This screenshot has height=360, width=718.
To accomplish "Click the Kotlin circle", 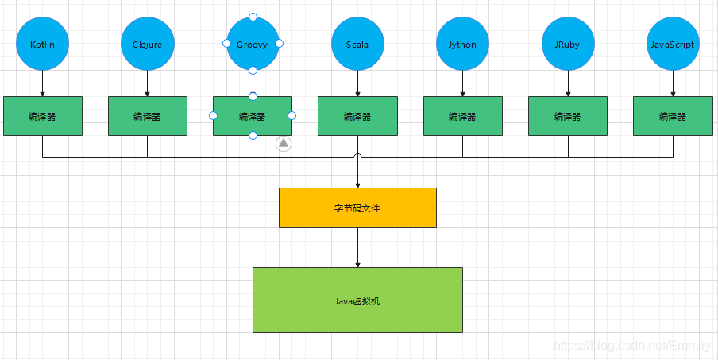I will (x=42, y=45).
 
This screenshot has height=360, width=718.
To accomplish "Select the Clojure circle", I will (x=147, y=45).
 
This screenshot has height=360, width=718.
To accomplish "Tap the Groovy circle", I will (x=253, y=45).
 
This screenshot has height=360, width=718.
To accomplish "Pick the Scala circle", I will (x=357, y=45).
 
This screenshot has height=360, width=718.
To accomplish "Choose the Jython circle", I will (x=462, y=45).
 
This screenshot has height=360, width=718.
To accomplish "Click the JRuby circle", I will (x=568, y=45).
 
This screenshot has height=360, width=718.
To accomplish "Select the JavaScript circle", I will (x=673, y=45).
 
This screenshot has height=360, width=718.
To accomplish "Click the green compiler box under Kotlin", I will (x=42, y=116).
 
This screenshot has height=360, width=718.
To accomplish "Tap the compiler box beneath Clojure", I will (x=147, y=116).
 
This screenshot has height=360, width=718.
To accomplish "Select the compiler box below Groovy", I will (x=253, y=116).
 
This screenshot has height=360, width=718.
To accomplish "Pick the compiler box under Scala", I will (x=357, y=116).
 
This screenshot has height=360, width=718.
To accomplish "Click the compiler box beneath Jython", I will (x=462, y=116).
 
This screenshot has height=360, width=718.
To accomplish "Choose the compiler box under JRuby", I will (x=568, y=116).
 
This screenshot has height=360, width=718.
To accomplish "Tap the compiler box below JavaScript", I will (x=673, y=116).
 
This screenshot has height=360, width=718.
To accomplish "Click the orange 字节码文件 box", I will (x=357, y=207).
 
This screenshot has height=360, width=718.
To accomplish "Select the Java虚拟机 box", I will (x=357, y=300).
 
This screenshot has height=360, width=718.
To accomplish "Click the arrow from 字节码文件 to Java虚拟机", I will (x=357, y=247).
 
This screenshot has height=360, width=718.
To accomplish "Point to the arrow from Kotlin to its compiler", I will (x=42, y=83).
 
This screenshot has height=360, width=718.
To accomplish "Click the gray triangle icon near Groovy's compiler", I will (x=284, y=144).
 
